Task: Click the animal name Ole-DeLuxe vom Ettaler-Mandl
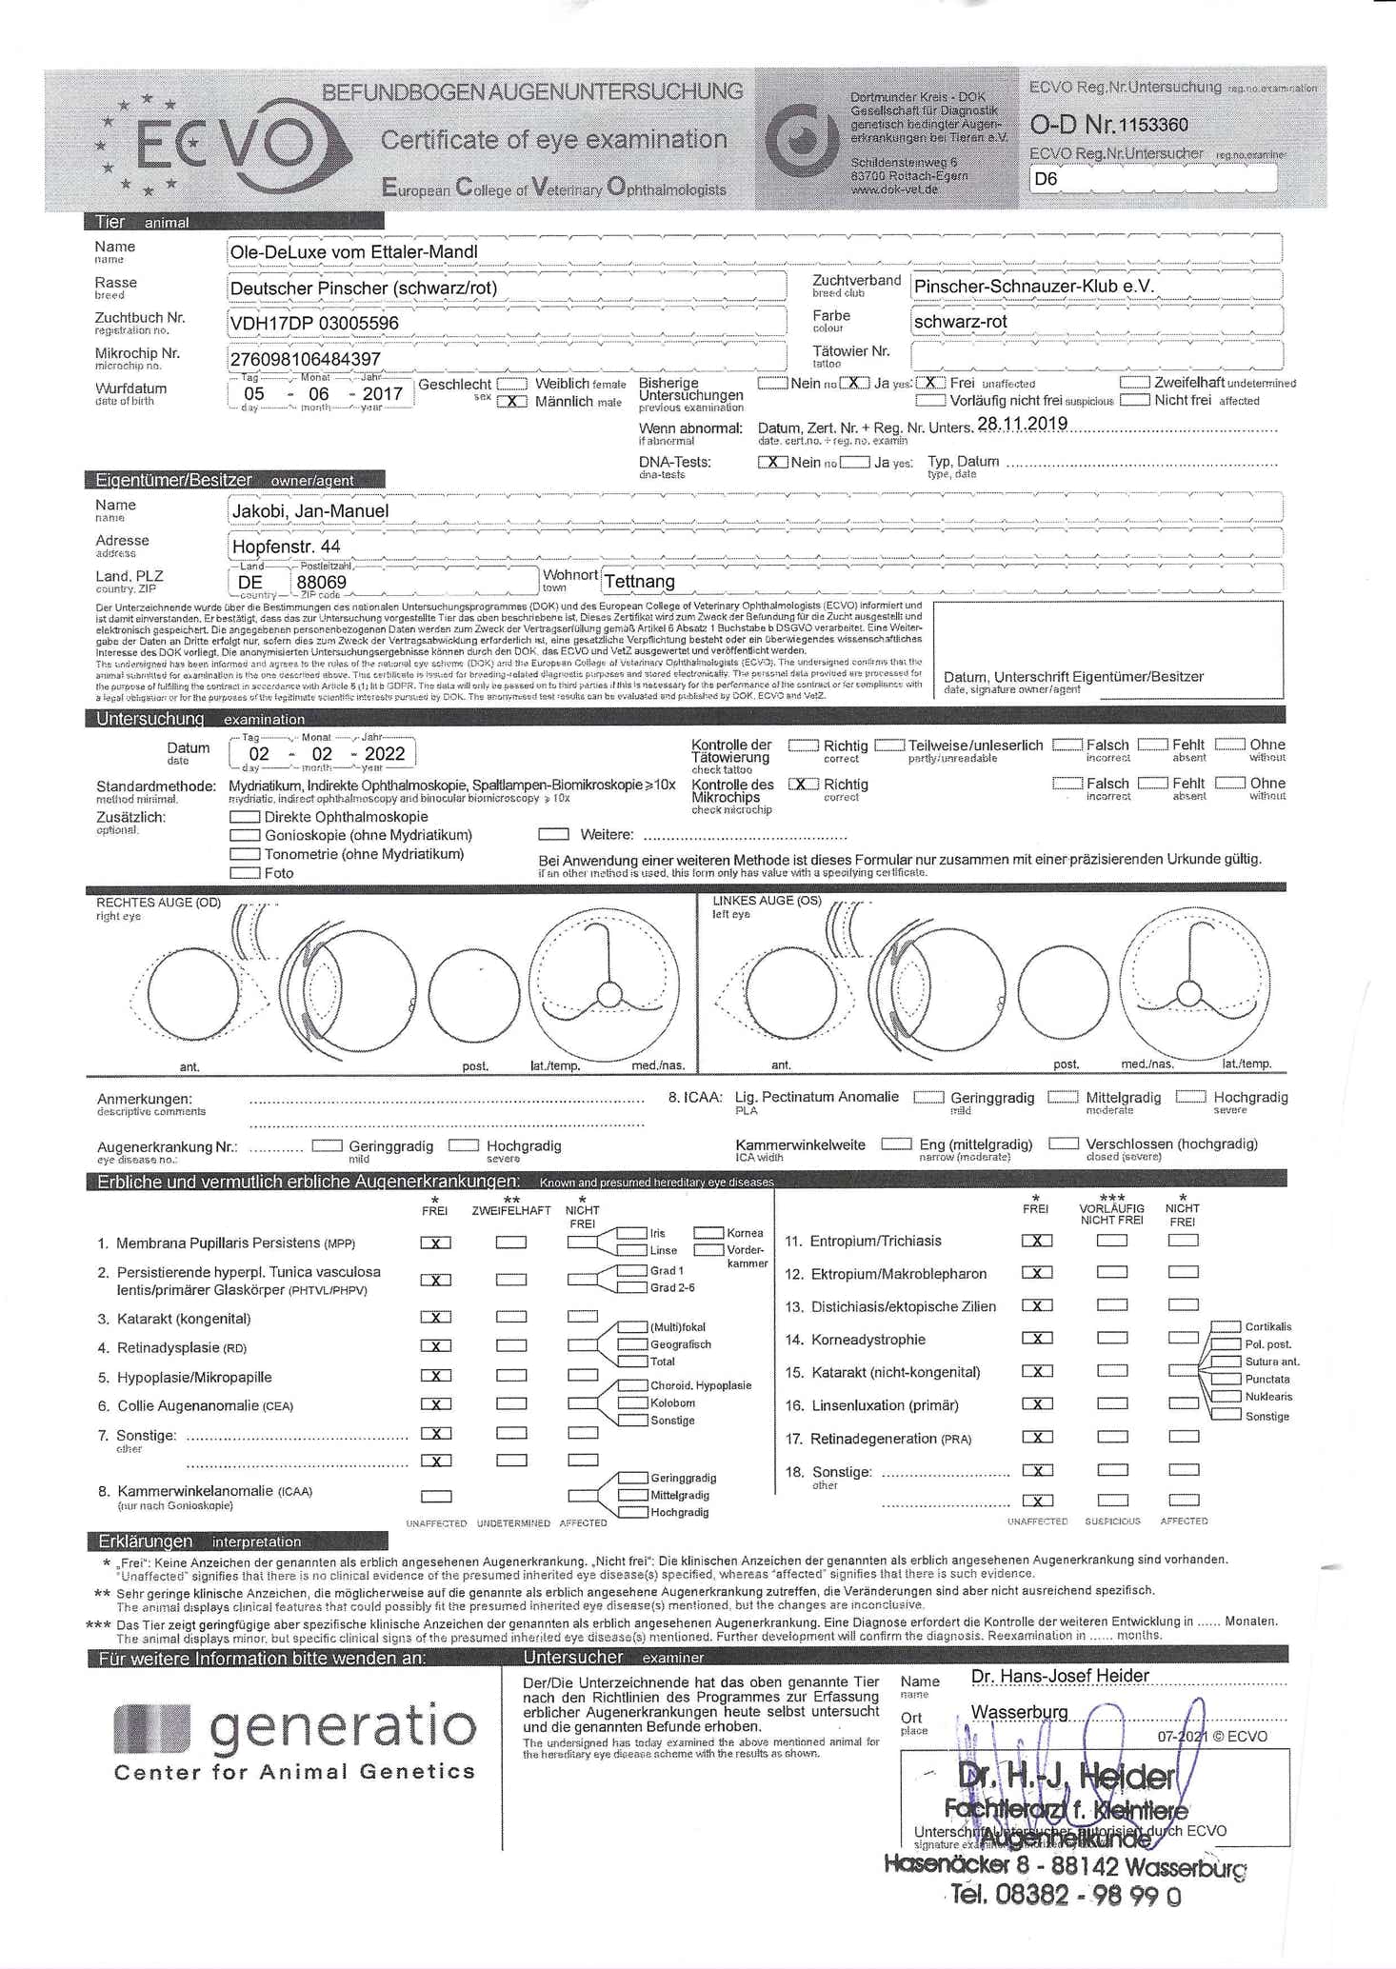coord(353,252)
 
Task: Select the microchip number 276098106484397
coord(306,359)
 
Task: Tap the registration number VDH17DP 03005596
coord(313,324)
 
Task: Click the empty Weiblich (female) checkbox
coord(512,384)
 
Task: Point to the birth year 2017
coord(383,393)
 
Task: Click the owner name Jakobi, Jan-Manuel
coord(310,511)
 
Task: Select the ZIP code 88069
coord(321,582)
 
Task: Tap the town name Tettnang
coord(639,582)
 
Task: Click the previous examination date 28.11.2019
coord(1023,424)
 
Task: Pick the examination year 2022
coord(385,754)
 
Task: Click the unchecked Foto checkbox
coord(245,872)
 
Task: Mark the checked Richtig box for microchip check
coord(804,784)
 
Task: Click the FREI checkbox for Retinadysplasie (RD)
coord(436,1346)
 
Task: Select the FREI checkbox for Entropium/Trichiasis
coord(1037,1241)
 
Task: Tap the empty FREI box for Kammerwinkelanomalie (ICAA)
coord(436,1496)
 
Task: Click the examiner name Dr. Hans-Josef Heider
coord(1060,1676)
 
